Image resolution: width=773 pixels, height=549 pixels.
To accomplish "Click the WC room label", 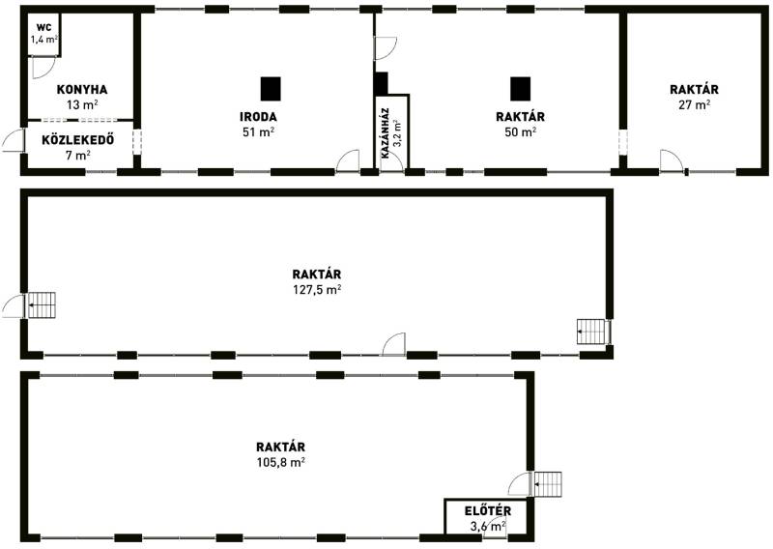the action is pos(43,28).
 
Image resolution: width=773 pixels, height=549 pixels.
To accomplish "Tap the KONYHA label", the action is pos(82,90).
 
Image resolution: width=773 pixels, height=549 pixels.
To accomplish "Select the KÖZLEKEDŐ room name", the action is pos(78,139).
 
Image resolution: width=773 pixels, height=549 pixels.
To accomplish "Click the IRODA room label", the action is pos(258,117).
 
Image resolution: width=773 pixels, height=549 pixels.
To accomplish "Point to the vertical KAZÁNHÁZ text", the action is pos(386,133).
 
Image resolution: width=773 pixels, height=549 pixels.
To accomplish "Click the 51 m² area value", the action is pos(258,132).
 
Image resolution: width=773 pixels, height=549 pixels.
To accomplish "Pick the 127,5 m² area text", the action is pos(318,290).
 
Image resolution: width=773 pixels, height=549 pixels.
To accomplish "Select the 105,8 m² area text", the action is pos(280,462).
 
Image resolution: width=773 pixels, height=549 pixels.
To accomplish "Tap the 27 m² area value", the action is pos(694,104).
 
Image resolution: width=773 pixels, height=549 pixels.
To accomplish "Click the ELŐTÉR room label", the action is pos(488,510).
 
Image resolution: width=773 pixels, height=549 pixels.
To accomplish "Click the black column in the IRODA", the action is pos(271,89).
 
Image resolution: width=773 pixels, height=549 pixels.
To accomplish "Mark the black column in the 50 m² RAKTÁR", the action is pos(520,89).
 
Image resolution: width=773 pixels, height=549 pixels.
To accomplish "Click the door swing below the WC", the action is pos(43,68).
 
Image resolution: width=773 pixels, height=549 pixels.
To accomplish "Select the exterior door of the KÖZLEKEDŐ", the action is pos(14,140).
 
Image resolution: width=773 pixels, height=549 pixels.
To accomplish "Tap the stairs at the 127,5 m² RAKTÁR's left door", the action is pos(42,305).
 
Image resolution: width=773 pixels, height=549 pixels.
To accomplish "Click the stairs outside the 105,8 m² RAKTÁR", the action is pos(548,484).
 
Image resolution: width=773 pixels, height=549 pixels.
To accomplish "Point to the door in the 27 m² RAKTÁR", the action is pos(672,160).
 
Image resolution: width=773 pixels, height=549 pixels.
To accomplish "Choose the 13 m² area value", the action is pos(82,104).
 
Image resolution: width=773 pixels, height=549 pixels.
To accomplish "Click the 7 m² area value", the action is pos(78,156).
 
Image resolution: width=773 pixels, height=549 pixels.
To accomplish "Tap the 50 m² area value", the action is pos(521,132).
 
